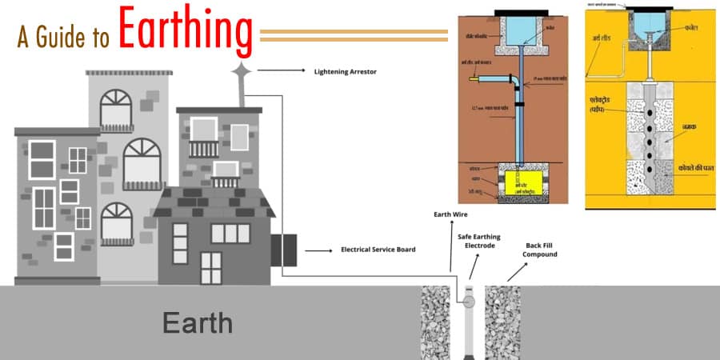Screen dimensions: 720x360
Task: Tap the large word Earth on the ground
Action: pyautogui.click(x=198, y=323)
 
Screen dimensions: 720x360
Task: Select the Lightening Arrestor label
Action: pyautogui.click(x=345, y=71)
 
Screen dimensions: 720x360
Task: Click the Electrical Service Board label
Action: pyautogui.click(x=378, y=250)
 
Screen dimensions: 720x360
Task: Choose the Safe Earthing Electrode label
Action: pyautogui.click(x=470, y=240)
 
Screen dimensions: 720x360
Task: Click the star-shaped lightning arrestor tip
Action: pyautogui.click(x=240, y=72)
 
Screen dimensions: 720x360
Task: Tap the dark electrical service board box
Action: pyautogui.click(x=283, y=250)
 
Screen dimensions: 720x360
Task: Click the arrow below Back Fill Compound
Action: pyautogui.click(x=516, y=270)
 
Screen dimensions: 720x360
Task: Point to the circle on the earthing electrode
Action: pyautogui.click(x=467, y=301)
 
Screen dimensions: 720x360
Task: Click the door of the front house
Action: pyautogui.click(x=210, y=267)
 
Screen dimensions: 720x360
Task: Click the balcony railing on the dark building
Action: pyautogui.click(x=204, y=149)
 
